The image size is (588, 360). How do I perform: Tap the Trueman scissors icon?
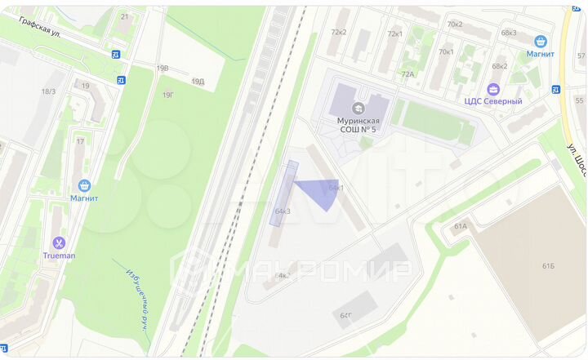tap(59, 242)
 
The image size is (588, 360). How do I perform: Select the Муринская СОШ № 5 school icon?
tap(358, 108)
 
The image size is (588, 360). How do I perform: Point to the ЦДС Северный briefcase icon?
tap(492, 89)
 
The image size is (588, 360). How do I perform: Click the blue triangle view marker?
tap(319, 192)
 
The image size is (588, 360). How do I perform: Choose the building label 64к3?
tap(283, 211)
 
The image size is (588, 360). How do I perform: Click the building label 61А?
tap(460, 226)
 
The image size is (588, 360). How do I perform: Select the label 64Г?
tap(345, 314)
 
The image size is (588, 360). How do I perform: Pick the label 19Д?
tap(198, 81)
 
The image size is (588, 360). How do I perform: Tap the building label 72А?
tap(408, 73)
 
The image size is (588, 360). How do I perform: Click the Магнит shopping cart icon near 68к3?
tap(540, 41)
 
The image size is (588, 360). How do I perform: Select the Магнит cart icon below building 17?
tap(83, 186)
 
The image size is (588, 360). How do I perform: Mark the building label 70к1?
tap(446, 51)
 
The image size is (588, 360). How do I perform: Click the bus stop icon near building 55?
tap(555, 89)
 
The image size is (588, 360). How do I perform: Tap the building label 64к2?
tap(283, 276)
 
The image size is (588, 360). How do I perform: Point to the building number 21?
tap(124, 16)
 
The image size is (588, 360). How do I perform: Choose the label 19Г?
tap(167, 95)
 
